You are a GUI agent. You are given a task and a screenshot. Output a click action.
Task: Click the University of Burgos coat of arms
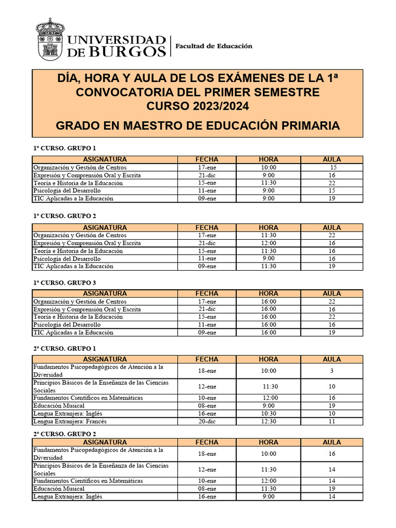50,39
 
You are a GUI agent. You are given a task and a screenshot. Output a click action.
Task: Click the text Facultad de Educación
214,46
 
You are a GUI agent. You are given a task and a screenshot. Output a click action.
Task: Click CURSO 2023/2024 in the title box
197,107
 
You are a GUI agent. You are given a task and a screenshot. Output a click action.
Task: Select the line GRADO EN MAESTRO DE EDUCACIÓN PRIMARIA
197,126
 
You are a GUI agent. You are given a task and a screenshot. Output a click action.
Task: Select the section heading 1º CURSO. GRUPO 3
64,283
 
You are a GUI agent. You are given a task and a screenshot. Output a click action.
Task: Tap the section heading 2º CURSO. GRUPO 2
64,434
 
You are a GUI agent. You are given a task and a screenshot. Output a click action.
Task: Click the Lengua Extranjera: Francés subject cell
70,421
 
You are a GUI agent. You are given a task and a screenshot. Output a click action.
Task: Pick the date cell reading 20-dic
207,421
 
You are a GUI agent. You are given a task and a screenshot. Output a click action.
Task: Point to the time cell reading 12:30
269,421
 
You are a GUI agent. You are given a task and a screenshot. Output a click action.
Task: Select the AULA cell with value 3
332,371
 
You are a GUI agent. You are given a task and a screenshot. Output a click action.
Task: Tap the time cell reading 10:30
269,414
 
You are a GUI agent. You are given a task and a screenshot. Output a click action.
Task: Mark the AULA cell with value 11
332,421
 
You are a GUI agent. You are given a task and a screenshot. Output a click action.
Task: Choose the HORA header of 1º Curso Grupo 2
269,227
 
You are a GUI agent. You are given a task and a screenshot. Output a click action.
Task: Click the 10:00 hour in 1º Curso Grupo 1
269,168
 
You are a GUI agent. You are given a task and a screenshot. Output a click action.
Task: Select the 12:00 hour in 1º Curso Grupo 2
269,243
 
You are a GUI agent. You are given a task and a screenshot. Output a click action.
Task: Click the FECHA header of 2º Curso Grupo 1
207,359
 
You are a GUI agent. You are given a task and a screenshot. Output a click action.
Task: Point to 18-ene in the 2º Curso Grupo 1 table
207,371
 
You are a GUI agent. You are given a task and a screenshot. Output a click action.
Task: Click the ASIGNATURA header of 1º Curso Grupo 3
105,293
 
